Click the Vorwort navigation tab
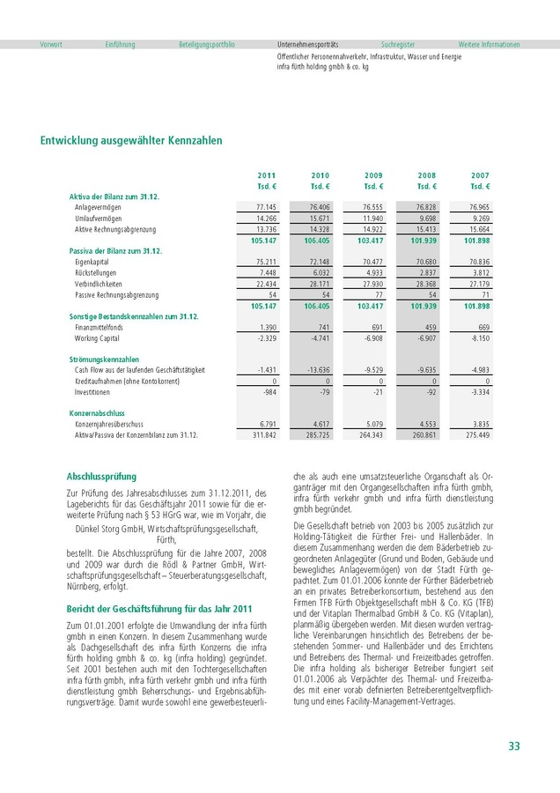tap(51, 44)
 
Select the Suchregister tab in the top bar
tap(398, 44)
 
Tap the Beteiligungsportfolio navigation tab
tap(207, 44)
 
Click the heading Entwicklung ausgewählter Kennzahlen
tap(131, 140)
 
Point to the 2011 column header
tap(267, 176)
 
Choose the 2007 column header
tap(480, 176)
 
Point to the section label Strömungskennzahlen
tap(104, 359)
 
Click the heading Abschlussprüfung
tap(102, 476)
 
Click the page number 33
tap(513, 746)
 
